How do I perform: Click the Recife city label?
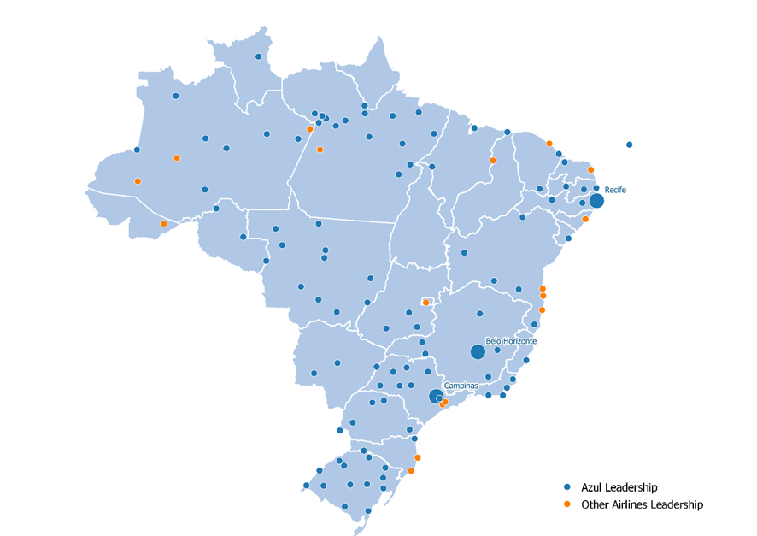coord(615,189)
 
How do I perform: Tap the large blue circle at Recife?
coord(596,201)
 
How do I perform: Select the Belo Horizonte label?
coord(511,340)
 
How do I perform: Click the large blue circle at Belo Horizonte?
coord(478,352)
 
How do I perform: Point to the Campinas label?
coord(461,386)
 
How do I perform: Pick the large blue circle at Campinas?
coord(436,396)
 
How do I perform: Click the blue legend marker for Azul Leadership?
coord(568,487)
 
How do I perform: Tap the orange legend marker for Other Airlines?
coord(568,504)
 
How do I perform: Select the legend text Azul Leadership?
coord(619,487)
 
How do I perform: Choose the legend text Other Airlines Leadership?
coord(642,504)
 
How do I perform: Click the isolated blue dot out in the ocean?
coord(630,144)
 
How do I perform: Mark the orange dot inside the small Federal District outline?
coord(425,303)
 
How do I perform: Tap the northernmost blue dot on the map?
coord(259,57)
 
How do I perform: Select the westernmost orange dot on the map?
coord(138,181)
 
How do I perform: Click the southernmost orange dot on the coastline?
coord(411,471)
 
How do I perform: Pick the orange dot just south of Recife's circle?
coord(585,220)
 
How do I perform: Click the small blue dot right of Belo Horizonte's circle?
coord(497,350)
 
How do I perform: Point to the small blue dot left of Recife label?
coord(596,188)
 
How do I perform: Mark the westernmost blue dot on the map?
coord(137,150)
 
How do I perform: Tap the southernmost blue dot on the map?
coord(368,511)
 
